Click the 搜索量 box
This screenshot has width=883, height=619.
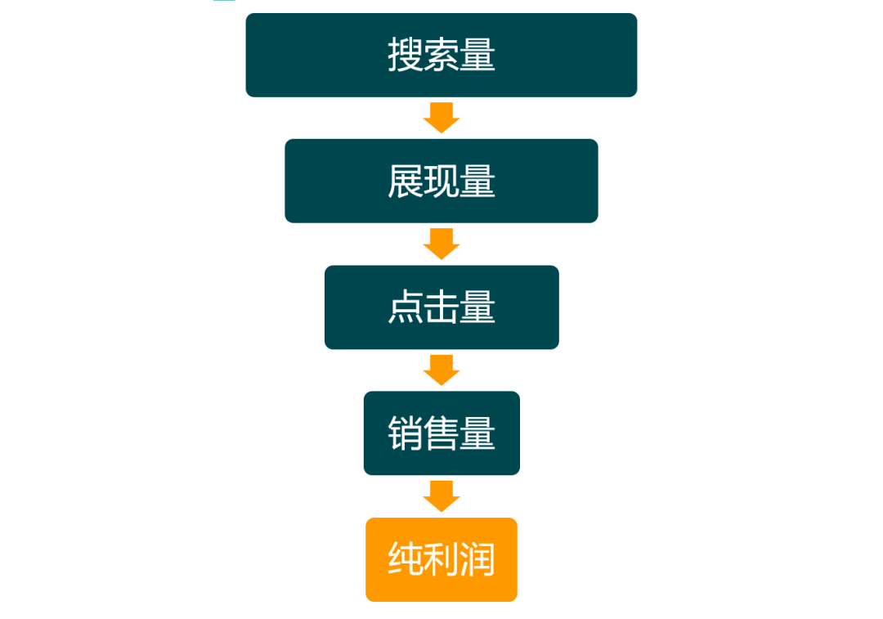(441, 55)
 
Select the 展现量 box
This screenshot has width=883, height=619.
(441, 181)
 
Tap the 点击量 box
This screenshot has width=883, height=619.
(441, 307)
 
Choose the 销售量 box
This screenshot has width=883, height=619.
(441, 433)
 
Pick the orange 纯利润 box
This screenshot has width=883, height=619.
(441, 560)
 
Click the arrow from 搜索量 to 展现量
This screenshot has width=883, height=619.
(441, 118)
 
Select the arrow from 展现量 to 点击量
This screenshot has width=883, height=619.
(441, 244)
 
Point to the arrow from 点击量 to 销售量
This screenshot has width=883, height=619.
(441, 370)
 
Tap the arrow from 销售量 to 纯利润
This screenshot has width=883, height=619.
(441, 496)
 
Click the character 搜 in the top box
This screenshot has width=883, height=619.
(406, 56)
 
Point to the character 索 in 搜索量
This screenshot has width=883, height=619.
(441, 56)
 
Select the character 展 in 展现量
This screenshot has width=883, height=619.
(406, 182)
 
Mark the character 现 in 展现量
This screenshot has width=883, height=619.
(441, 182)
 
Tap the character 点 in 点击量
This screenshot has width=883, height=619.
(406, 308)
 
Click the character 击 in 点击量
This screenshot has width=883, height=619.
(441, 308)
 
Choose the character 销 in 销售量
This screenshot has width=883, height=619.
(406, 434)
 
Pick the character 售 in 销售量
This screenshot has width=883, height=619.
(441, 434)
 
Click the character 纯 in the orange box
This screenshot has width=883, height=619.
(406, 561)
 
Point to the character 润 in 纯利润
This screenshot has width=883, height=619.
(477, 561)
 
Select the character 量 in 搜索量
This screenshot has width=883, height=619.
(477, 56)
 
